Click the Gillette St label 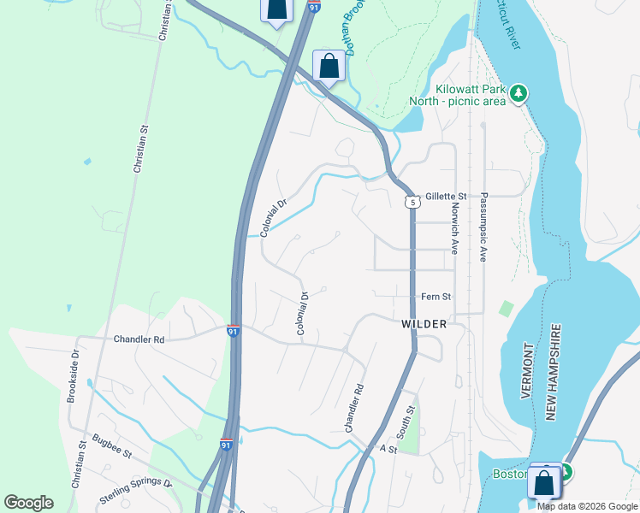[442, 196]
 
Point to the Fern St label [436, 297]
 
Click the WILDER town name [424, 325]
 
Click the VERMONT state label [527, 372]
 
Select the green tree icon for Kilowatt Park [519, 93]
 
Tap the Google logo [28, 503]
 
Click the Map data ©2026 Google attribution [588, 506]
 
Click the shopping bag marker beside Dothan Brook [329, 65]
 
